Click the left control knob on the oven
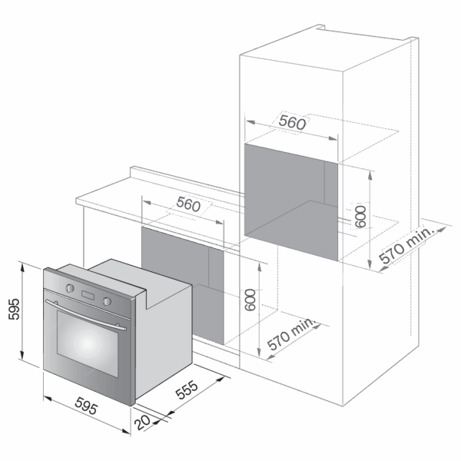(70, 288)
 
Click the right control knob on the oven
(107, 301)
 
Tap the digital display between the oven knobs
(88, 295)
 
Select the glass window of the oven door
(88, 343)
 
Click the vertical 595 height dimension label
(14, 309)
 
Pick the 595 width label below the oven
(86, 406)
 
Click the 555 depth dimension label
(187, 390)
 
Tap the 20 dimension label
(142, 423)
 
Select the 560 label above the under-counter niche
(188, 204)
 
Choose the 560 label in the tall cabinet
(292, 122)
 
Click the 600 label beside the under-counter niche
(250, 300)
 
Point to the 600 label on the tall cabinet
(360, 217)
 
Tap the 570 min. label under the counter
(291, 333)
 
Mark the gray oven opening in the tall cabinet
(291, 202)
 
